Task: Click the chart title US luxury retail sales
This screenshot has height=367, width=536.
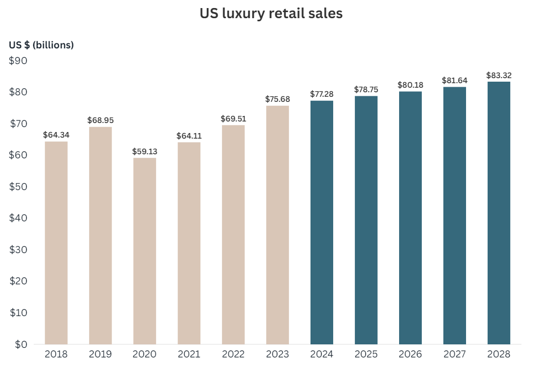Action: click(x=271, y=14)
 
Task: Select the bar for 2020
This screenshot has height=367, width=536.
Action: click(x=145, y=251)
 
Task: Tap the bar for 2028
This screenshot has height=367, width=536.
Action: click(x=499, y=213)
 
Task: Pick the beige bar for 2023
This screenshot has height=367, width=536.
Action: click(x=277, y=225)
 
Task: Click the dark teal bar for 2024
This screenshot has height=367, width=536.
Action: click(x=322, y=222)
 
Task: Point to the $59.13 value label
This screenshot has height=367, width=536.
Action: click(x=145, y=151)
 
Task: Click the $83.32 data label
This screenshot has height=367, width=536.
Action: click(x=499, y=75)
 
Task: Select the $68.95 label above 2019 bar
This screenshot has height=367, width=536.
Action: click(x=100, y=120)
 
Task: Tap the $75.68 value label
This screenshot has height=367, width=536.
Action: click(x=277, y=99)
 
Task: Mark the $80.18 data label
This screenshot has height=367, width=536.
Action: click(x=410, y=85)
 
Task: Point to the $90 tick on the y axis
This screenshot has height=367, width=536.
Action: click(x=19, y=61)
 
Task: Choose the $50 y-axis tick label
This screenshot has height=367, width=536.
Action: click(x=19, y=187)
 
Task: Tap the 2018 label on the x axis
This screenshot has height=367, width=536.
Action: click(x=56, y=354)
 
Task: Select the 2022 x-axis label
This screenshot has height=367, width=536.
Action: click(x=233, y=354)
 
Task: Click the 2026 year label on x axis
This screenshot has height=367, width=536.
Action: click(x=410, y=354)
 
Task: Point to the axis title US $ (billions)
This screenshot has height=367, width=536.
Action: click(x=41, y=45)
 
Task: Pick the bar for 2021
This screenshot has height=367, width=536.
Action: click(x=189, y=243)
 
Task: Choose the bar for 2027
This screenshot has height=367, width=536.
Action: click(x=454, y=216)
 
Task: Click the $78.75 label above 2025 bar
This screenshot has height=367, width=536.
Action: click(x=366, y=89)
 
